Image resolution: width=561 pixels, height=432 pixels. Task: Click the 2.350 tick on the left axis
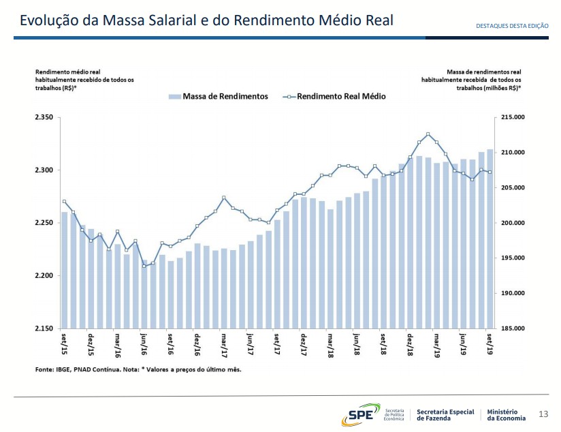(x=43, y=118)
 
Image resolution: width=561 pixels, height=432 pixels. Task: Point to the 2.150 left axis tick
(x=43, y=329)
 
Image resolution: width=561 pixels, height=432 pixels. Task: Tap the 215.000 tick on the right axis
(x=513, y=118)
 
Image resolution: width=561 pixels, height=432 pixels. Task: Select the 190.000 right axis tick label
(x=513, y=294)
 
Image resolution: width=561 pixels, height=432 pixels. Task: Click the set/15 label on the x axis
(x=65, y=344)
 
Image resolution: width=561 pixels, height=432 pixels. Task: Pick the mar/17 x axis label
(x=223, y=344)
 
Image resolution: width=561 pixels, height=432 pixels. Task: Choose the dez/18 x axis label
(x=410, y=344)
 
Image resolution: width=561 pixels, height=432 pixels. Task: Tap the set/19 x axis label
(x=490, y=344)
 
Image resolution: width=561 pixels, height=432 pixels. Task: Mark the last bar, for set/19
(x=490, y=238)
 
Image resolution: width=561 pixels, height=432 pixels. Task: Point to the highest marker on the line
(x=428, y=134)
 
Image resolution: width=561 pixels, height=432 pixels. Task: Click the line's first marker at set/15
(x=64, y=202)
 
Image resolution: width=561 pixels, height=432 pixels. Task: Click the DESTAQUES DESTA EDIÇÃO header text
(x=512, y=25)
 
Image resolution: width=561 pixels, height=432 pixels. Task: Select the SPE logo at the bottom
(x=361, y=414)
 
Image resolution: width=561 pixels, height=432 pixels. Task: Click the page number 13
(x=543, y=414)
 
